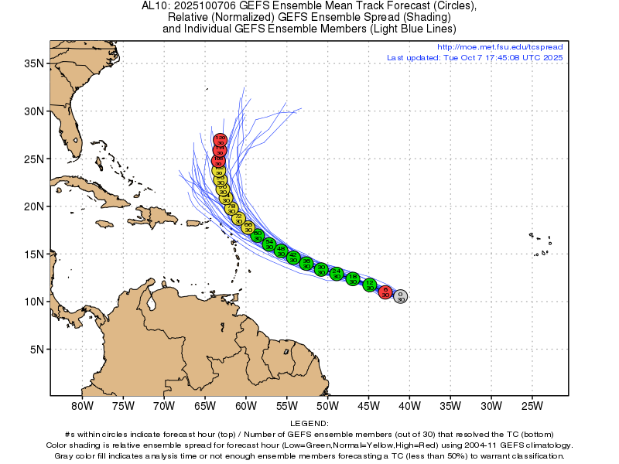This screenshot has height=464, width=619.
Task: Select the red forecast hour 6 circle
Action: click(385, 292)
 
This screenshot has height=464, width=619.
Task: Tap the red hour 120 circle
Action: click(221, 140)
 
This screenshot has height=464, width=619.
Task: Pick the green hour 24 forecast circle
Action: click(337, 273)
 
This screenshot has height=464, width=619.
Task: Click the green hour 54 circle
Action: click(269, 244)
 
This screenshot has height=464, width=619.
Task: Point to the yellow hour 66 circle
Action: click(248, 227)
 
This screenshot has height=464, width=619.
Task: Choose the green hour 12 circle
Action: click(370, 285)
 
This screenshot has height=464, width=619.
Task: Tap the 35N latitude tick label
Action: click(32, 63)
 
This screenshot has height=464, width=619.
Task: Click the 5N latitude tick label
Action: click(36, 349)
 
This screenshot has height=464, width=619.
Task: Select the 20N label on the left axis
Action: click(32, 206)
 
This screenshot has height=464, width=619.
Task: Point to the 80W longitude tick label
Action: click(82, 405)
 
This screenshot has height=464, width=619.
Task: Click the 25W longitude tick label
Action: click(532, 405)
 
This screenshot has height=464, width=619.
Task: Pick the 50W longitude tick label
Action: click(327, 405)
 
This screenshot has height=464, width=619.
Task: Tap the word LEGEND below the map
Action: click(309, 424)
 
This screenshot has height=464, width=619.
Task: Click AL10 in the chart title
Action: click(158, 5)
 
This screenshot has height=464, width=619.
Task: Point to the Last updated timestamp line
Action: click(474, 57)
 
